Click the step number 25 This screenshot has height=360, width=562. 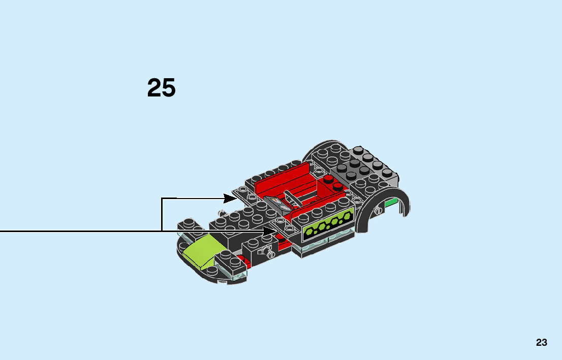[162, 88]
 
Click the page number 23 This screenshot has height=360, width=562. [541, 342]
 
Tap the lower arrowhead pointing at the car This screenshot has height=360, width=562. [270, 231]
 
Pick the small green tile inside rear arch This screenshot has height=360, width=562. [390, 204]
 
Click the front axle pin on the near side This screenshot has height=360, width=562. [264, 250]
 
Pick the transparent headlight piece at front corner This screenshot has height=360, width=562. [239, 275]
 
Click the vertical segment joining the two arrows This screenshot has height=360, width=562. [162, 214]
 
